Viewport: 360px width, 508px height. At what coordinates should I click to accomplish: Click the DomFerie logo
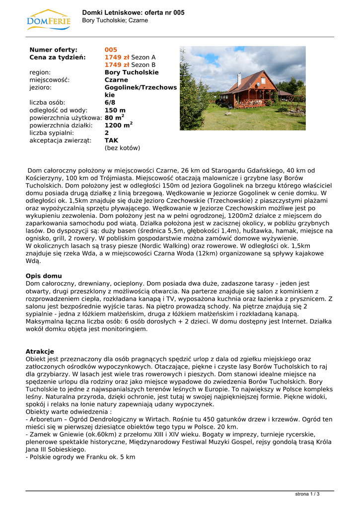pyautogui.click(x=49, y=19)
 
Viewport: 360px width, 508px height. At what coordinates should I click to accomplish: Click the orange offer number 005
pyautogui.click(x=111, y=50)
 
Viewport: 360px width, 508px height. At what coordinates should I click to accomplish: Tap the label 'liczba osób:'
pyautogui.click(x=48, y=103)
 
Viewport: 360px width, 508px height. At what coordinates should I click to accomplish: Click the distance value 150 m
pyautogui.click(x=115, y=110)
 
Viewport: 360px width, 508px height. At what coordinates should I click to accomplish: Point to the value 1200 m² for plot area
pyautogui.click(x=118, y=126)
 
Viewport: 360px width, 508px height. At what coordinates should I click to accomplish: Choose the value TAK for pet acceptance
pyautogui.click(x=111, y=140)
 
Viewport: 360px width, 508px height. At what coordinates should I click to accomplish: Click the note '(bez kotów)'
pyautogui.click(x=122, y=148)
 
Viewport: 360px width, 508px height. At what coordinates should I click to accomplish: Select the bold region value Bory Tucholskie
pyautogui.click(x=132, y=72)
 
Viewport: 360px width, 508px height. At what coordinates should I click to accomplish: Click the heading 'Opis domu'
pyautogui.click(x=44, y=276)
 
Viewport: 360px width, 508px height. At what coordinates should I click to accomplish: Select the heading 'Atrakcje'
pyautogui.click(x=40, y=351)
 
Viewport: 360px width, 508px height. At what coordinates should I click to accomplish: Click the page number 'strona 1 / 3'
pyautogui.click(x=307, y=494)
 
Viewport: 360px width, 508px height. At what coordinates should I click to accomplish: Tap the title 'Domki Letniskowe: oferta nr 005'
pyautogui.click(x=133, y=12)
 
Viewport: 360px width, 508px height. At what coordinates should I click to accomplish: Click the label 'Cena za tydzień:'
pyautogui.click(x=58, y=58)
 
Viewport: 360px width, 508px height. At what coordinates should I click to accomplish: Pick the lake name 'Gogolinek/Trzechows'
pyautogui.click(x=141, y=87)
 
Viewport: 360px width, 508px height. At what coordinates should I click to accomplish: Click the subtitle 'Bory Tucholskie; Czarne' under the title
pyautogui.click(x=115, y=20)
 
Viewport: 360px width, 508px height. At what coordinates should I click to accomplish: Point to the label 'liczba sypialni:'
pyautogui.click(x=52, y=133)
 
